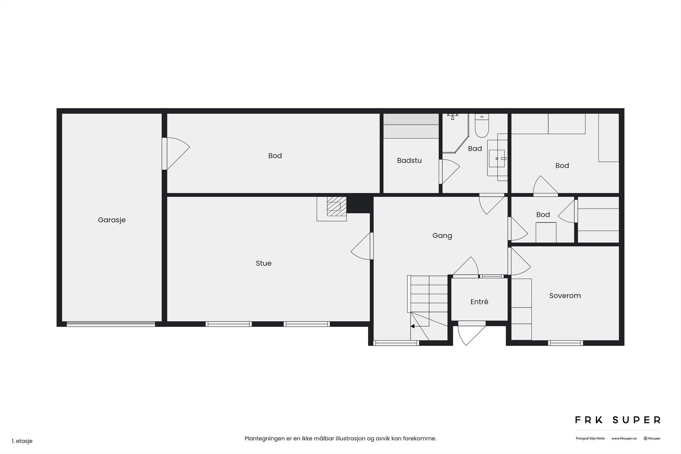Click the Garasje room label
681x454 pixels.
tap(112, 220)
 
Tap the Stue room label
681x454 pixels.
tap(263, 263)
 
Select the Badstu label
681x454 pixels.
tap(409, 160)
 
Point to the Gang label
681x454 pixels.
tap(442, 236)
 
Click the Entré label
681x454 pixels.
tap(479, 302)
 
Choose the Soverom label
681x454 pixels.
tap(565, 296)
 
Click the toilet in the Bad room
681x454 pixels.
tap(481, 126)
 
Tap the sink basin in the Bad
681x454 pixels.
tap(497, 158)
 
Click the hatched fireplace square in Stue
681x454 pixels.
tap(337, 206)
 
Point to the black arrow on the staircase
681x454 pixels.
tap(412, 326)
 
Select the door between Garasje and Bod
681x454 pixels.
tap(176, 154)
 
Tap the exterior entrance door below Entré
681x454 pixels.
tap(472, 333)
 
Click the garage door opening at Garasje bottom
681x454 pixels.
tap(111, 324)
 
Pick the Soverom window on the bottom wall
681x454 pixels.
tap(566, 343)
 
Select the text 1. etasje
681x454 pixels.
tap(22, 441)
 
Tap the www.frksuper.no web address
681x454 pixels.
tap(624, 439)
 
